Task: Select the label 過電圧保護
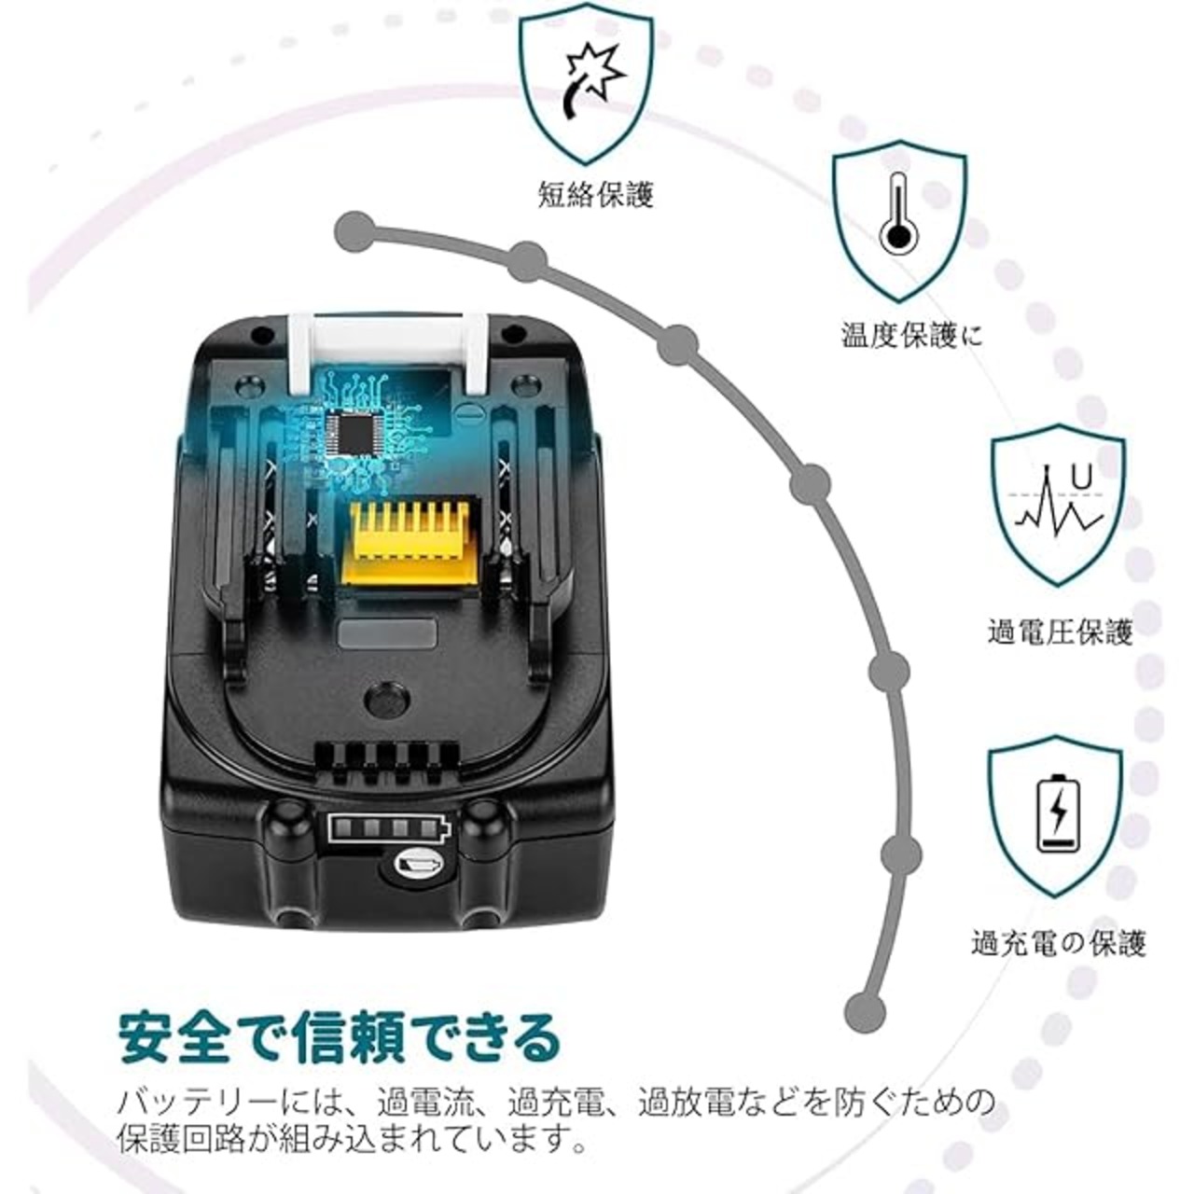1061,634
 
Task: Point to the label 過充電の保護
1058,945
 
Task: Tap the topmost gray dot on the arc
354,231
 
